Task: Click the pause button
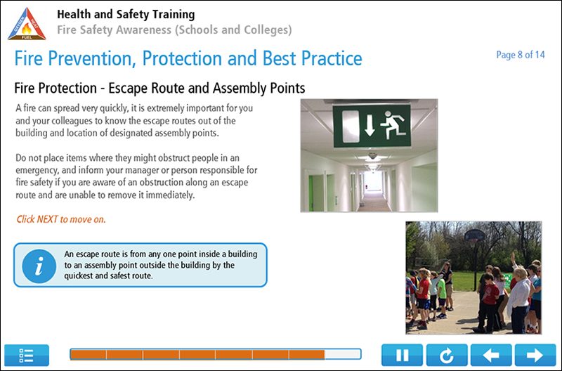coord(402,355)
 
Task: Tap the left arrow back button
coord(490,355)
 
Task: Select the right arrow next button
coord(535,355)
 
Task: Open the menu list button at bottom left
coord(27,355)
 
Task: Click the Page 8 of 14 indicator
coord(521,55)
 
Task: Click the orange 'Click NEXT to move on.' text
coord(61,219)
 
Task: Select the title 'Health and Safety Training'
coord(126,14)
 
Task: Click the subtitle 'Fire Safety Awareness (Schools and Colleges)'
coord(174,30)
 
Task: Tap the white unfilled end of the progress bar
coord(343,354)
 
